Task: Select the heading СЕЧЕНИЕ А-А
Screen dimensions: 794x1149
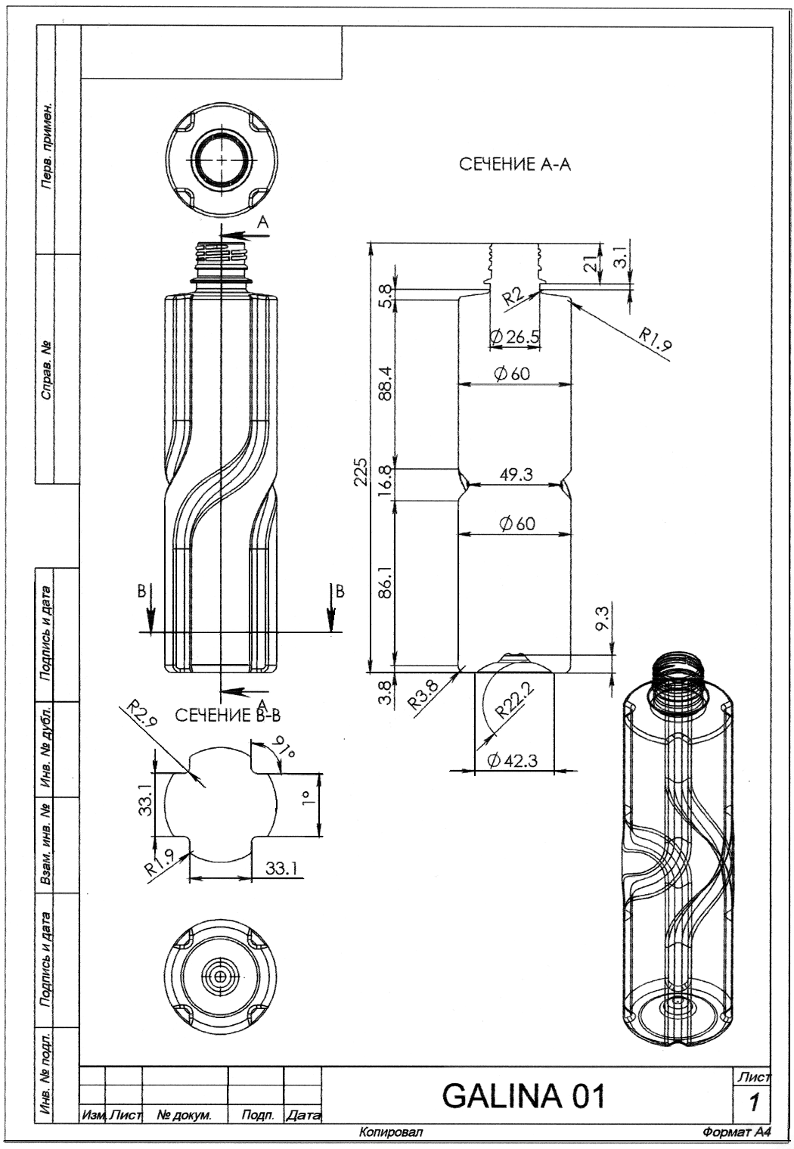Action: point(514,164)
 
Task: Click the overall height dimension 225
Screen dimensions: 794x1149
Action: point(361,471)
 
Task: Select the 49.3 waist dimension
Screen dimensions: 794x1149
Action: point(516,474)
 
